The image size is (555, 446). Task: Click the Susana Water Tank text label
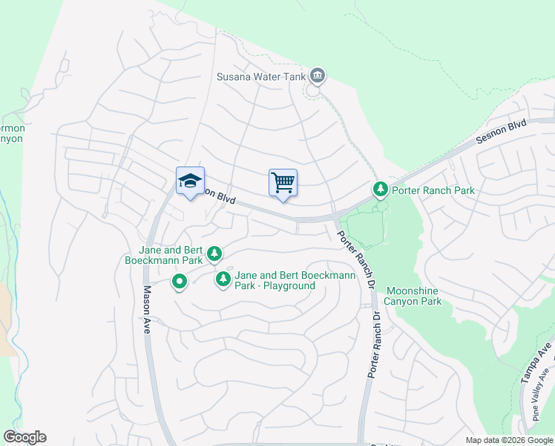tap(263, 76)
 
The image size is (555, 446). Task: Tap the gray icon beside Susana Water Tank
tap(318, 74)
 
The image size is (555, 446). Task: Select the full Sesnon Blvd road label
tap(502, 134)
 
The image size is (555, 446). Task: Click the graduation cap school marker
tap(190, 181)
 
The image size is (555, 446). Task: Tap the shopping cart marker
tap(283, 182)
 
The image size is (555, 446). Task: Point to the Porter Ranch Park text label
tap(433, 191)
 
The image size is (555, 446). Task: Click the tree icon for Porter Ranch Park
tap(381, 190)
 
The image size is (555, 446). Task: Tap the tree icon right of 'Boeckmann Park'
tap(214, 255)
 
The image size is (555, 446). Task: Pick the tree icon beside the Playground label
tap(223, 279)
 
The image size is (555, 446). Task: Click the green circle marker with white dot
tap(179, 282)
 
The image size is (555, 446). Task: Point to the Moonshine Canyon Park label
tap(413, 296)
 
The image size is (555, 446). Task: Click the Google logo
tap(24, 437)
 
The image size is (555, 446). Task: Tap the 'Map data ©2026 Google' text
tap(509, 440)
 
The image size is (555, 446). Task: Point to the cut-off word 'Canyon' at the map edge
tap(11, 139)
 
